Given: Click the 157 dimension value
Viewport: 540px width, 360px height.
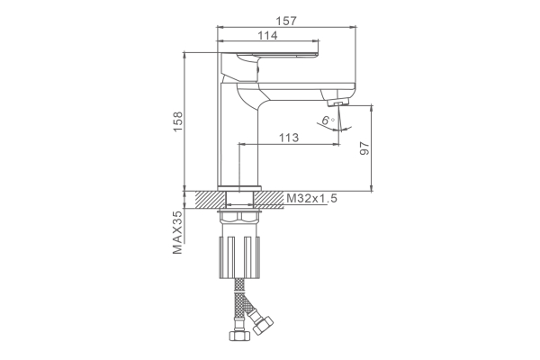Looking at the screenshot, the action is [x=286, y=21].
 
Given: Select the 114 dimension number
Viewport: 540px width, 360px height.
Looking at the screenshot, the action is [x=267, y=35].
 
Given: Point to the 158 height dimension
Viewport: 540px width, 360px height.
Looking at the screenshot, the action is [x=178, y=121].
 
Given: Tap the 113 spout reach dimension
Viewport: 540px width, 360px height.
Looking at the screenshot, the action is [x=289, y=138].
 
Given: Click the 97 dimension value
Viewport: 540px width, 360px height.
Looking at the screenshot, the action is [x=364, y=148].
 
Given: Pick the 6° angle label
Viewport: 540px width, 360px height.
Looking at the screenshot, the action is [x=328, y=121].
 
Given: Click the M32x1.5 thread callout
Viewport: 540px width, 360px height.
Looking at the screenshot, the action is [x=311, y=198].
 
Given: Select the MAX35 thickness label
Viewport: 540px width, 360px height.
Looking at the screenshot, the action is [x=177, y=232].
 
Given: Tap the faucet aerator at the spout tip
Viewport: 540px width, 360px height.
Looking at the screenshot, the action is [x=338, y=103].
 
